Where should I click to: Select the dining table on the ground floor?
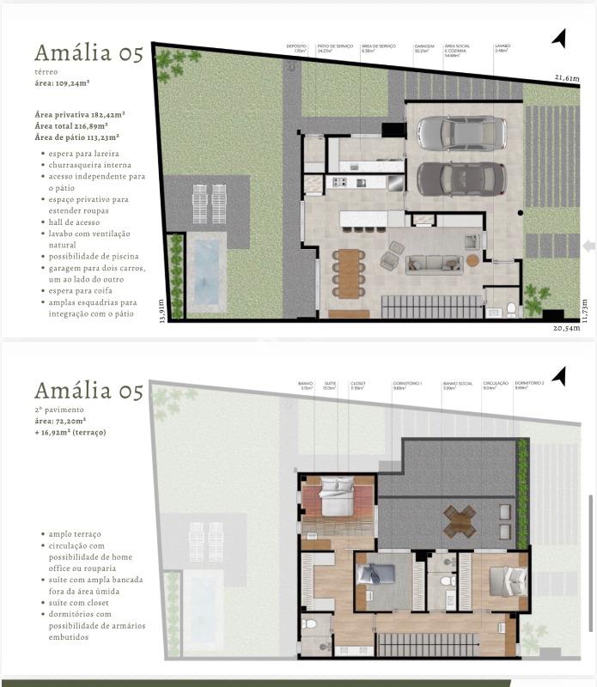pyautogui.click(x=349, y=271)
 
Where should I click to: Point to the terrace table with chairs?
pyautogui.click(x=460, y=520)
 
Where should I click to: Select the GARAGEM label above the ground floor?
pyautogui.click(x=423, y=48)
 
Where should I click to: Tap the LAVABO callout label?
pyautogui.click(x=503, y=48)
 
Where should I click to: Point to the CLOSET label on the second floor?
pyautogui.click(x=357, y=386)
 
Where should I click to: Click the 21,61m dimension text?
pyautogui.click(x=566, y=78)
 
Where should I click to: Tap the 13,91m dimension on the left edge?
pyautogui.click(x=161, y=310)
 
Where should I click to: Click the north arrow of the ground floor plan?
pyautogui.click(x=559, y=38)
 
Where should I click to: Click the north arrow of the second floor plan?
pyautogui.click(x=559, y=375)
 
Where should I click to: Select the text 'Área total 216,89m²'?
pyautogui.click(x=80, y=125)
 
